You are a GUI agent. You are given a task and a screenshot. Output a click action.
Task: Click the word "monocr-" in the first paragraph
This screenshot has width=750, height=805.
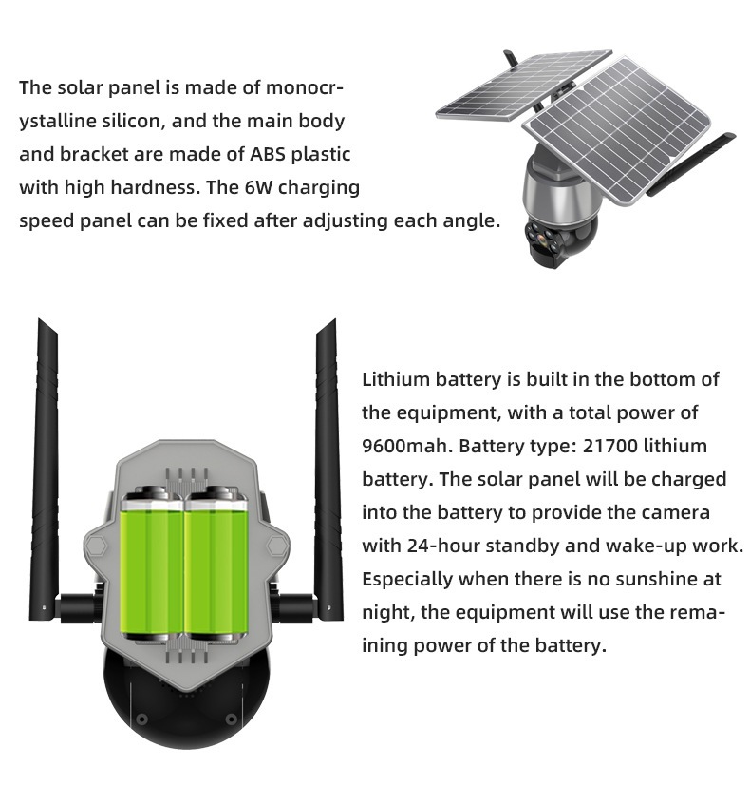304,87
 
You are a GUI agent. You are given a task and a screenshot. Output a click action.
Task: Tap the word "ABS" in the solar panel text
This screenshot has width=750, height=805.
268,154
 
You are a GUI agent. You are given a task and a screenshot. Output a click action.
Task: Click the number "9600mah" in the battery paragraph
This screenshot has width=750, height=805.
407,446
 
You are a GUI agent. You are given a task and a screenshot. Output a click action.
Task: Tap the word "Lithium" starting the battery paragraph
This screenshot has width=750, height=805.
396,379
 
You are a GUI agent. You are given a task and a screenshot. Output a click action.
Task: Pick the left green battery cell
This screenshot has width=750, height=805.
151,565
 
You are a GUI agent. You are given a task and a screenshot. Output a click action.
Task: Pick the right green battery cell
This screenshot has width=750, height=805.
216,565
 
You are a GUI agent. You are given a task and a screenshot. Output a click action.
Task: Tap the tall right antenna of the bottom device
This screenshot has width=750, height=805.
328,462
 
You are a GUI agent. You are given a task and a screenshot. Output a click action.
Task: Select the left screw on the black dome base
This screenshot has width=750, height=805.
142,719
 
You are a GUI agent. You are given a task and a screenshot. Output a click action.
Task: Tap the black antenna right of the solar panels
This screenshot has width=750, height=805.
690,164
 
